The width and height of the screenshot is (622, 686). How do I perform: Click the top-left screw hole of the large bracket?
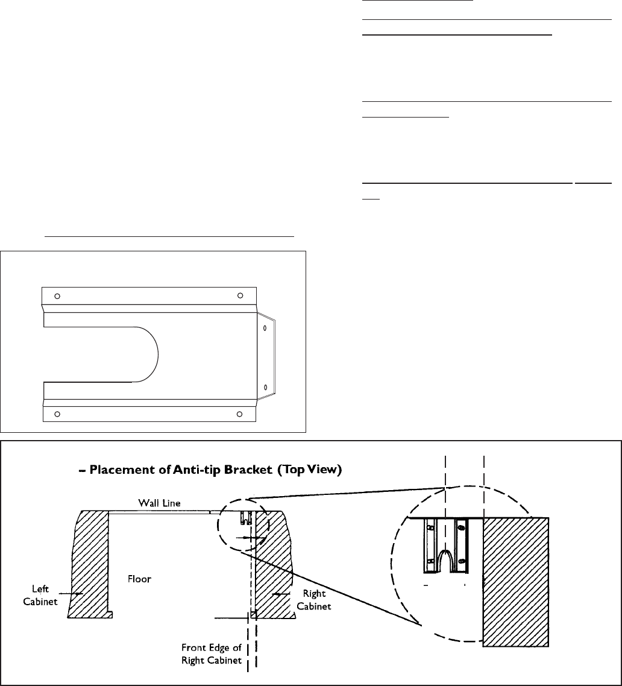click(57, 296)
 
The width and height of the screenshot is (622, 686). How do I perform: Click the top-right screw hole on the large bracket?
click(240, 295)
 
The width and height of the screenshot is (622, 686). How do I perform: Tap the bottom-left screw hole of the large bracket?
click(57, 414)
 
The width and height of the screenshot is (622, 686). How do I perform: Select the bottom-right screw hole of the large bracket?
click(239, 414)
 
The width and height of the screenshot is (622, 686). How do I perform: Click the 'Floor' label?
click(139, 578)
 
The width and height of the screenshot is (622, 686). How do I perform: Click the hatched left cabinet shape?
click(90, 555)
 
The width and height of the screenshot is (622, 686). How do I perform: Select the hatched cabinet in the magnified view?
click(515, 579)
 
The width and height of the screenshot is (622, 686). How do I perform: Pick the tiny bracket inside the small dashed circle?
click(246, 517)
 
